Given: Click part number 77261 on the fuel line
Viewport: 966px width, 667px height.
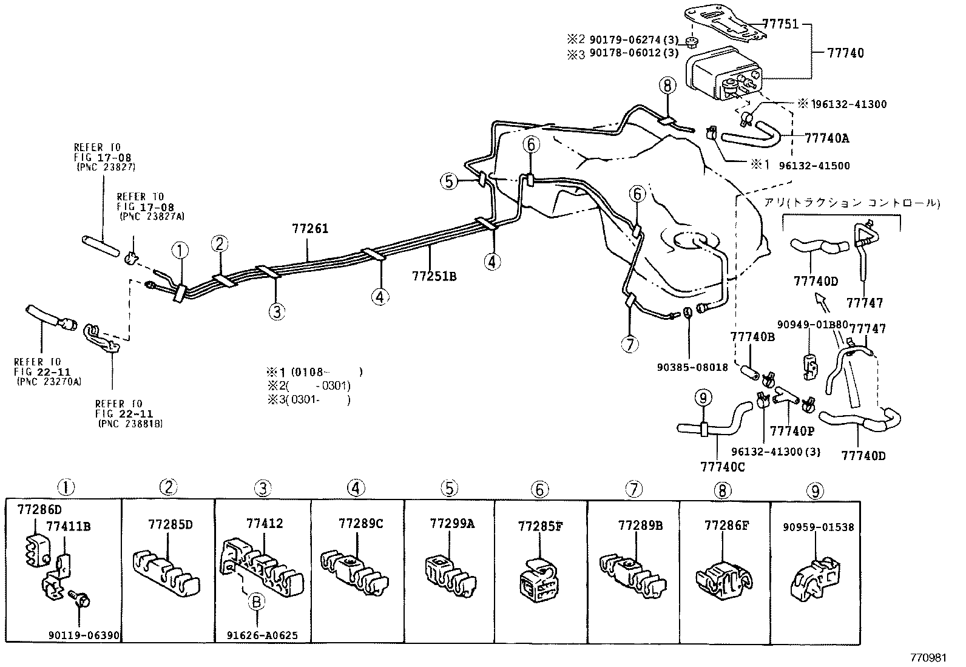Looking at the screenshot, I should pos(309,229).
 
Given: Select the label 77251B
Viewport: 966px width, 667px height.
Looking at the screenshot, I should pos(433,277).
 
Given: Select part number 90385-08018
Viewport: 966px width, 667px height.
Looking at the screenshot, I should pos(692,367).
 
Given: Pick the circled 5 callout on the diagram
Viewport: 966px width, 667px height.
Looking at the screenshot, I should pos(449,181).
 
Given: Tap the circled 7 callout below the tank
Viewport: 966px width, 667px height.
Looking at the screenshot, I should pos(630,344).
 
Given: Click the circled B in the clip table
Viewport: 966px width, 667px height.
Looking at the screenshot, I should pos(257,601).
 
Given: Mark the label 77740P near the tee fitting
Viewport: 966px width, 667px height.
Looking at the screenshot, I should pos(791,431).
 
